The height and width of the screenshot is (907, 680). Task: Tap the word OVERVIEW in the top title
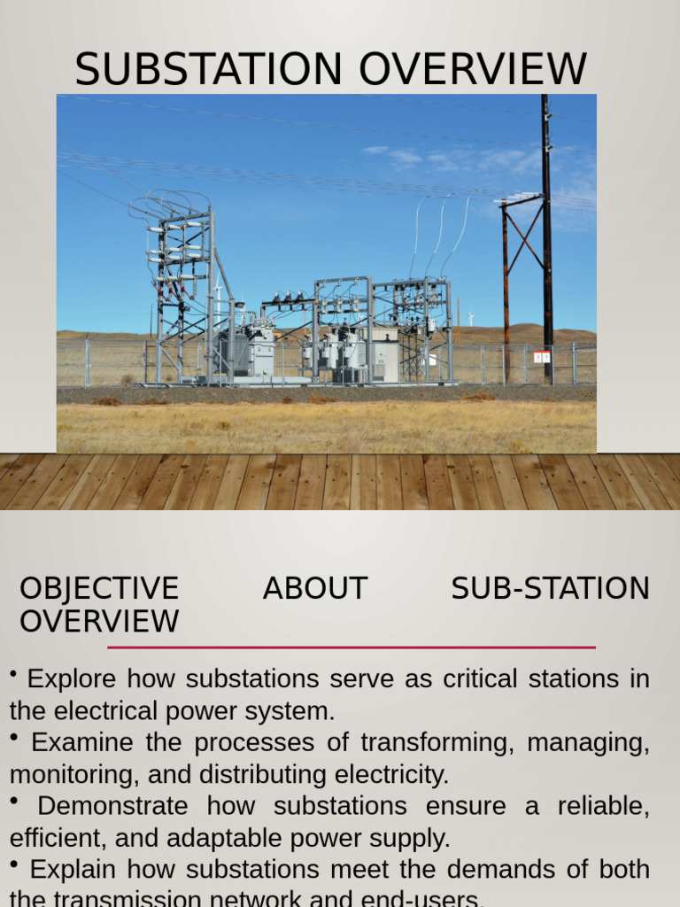(470, 69)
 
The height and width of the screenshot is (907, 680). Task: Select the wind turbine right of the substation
(471, 317)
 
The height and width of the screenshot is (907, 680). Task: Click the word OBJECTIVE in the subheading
(99, 589)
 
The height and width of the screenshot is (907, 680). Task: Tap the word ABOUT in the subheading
(314, 589)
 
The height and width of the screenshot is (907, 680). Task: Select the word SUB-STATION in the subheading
(550, 589)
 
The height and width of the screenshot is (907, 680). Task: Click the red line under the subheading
(351, 647)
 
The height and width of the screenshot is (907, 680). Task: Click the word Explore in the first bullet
(72, 679)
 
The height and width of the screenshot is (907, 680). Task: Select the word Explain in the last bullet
(73, 870)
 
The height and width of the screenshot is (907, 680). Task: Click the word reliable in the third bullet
(603, 806)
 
